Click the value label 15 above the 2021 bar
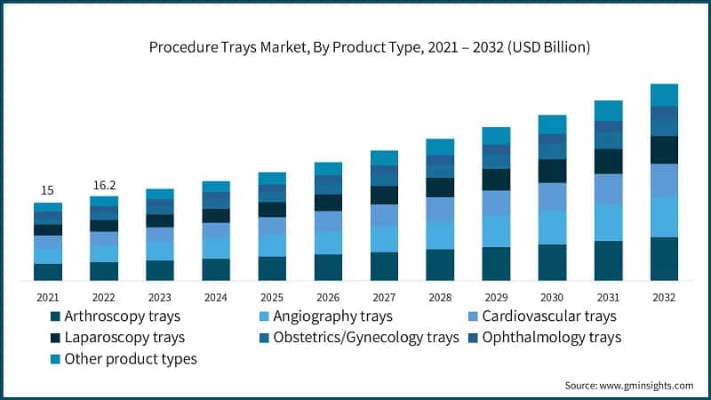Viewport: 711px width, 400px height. point(48,190)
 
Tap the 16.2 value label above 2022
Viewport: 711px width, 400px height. point(104,185)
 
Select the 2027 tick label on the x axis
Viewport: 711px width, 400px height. point(384,297)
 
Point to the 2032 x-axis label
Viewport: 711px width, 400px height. point(664,297)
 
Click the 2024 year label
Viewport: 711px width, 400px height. point(216,297)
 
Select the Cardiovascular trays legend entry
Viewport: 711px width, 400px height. point(541,316)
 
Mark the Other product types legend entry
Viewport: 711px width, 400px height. point(130,358)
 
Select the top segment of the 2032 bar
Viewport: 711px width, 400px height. point(664,95)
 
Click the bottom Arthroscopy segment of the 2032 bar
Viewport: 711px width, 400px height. point(664,259)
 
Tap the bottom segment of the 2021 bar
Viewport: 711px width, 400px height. point(48,272)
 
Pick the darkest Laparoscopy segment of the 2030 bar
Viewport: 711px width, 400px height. point(552,171)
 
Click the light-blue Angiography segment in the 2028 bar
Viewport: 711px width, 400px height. point(440,235)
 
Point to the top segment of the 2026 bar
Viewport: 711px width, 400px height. point(328,169)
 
